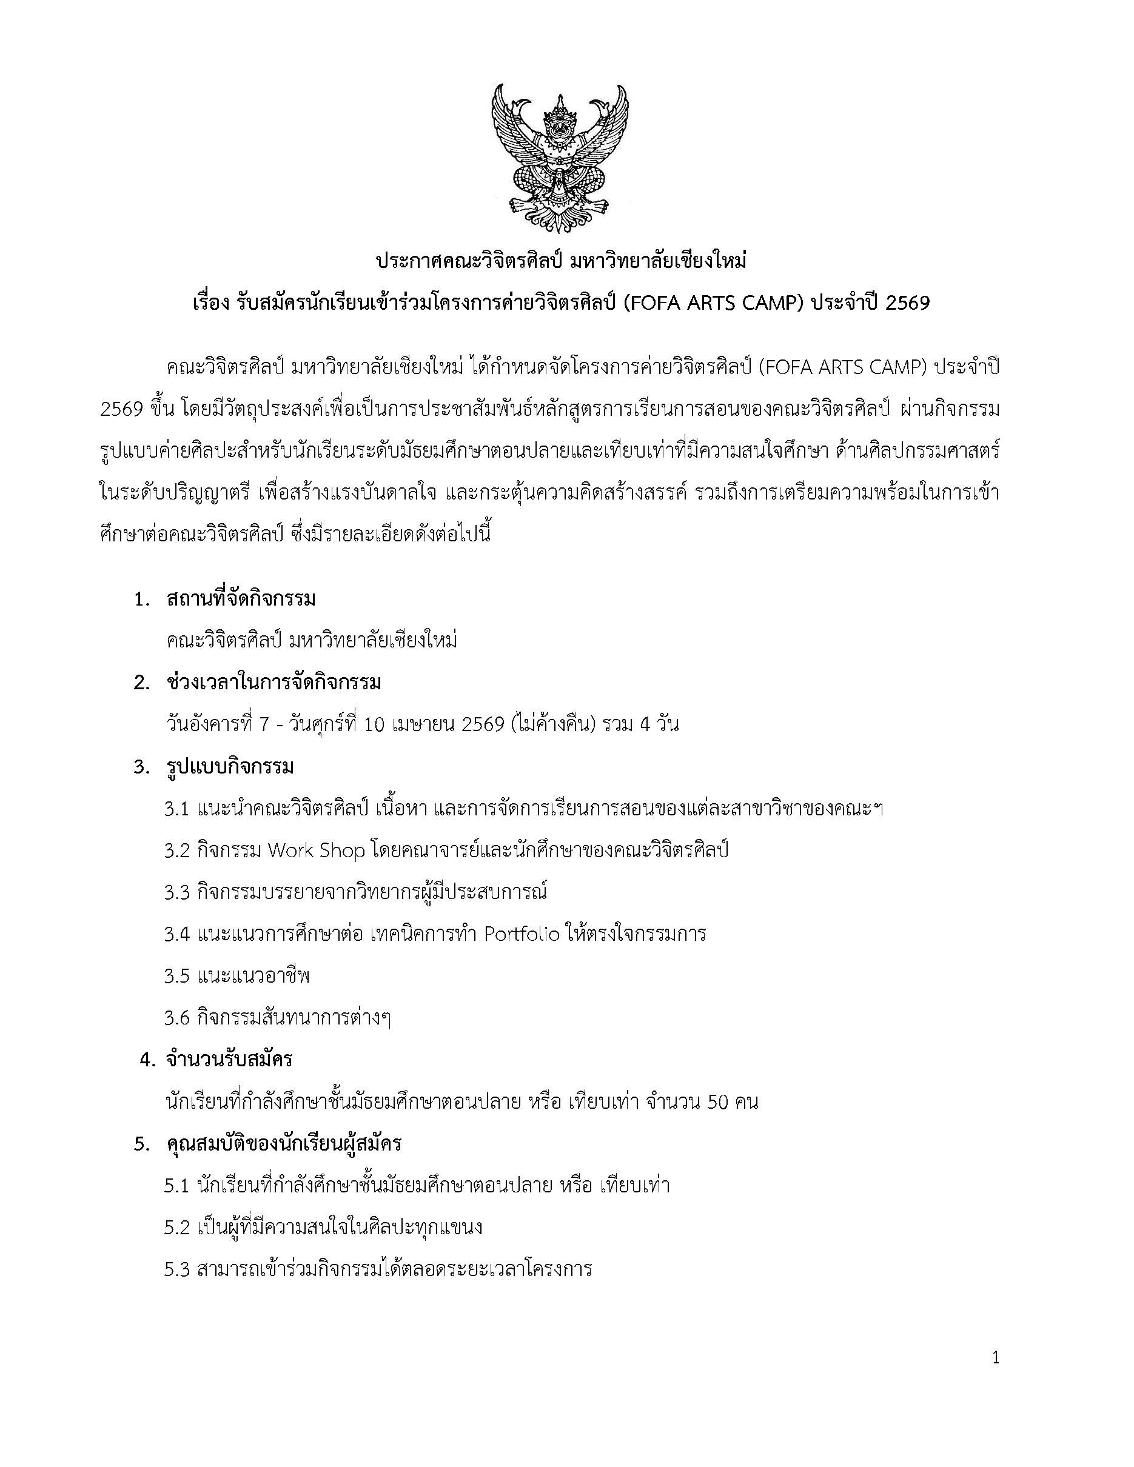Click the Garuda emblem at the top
tap(560, 158)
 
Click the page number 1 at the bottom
tap(996, 1358)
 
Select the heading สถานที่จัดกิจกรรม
tap(241, 598)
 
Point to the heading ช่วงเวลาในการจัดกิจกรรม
tap(273, 683)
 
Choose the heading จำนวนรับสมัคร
tap(229, 1059)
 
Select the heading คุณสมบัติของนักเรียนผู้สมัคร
tap(284, 1143)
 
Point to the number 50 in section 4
tap(718, 1102)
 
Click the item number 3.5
tap(176, 976)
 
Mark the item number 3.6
tap(176, 1018)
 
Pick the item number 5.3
tap(176, 1269)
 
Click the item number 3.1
tap(176, 809)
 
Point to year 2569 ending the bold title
tap(908, 303)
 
